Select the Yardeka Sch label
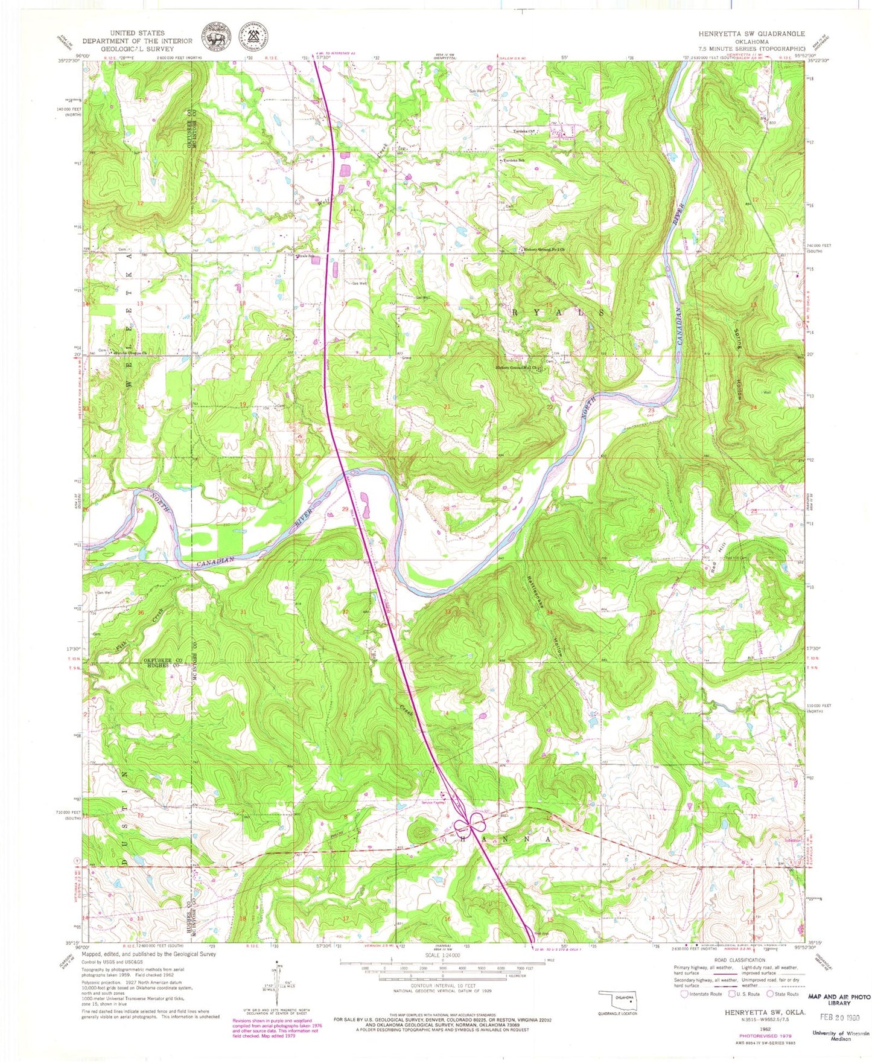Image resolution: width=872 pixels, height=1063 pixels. pos(511,161)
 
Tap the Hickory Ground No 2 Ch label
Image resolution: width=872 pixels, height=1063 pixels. pos(545,249)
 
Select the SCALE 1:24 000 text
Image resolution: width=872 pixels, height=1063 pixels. pos(442,955)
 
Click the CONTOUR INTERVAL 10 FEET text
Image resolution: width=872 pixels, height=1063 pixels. pos(442,986)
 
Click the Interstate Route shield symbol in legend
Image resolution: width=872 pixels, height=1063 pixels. pos(683,994)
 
